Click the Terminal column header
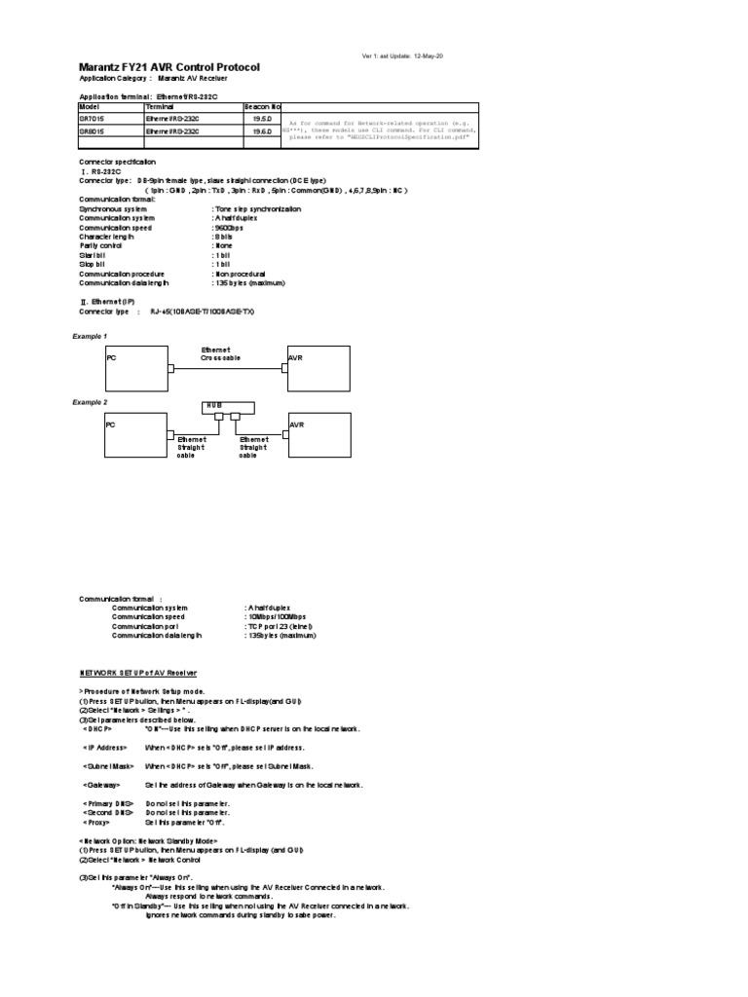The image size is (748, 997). click(x=162, y=106)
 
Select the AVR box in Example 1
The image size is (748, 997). click(x=318, y=368)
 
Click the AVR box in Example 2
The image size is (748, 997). click(x=318, y=437)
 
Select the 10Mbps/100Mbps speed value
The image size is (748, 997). click(x=278, y=616)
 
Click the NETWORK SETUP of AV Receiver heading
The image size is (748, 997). click(x=137, y=672)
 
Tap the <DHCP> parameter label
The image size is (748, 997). click(x=97, y=728)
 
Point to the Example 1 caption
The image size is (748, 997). click(x=90, y=336)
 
